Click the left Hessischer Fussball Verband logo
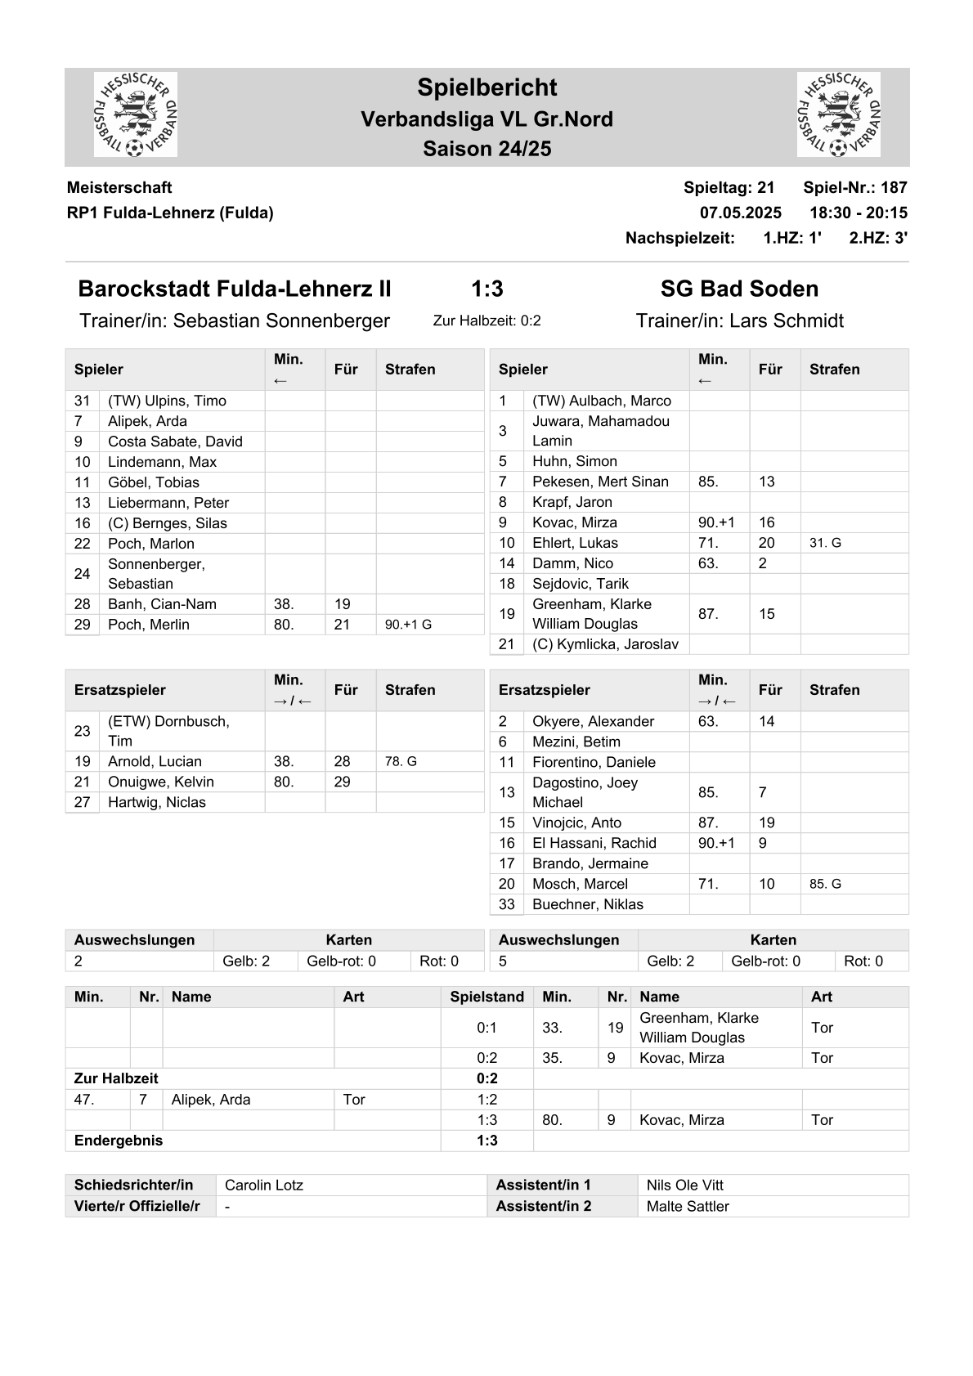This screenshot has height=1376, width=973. [136, 114]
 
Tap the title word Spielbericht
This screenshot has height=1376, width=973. [486, 87]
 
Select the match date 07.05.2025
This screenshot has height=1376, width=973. [740, 213]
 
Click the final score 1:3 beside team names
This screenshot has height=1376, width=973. [486, 289]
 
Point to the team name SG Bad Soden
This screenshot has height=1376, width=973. [739, 289]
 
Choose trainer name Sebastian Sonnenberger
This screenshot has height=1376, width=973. [281, 320]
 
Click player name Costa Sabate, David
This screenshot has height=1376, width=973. [175, 441]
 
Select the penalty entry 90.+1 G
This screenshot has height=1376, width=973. [408, 625]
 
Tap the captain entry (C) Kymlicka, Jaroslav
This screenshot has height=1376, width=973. [605, 644]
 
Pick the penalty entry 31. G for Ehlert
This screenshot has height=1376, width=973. [825, 543]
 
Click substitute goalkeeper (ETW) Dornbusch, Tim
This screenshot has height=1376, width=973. [168, 731]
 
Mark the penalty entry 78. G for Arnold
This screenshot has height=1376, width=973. [401, 761]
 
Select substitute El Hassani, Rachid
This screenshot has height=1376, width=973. [594, 843]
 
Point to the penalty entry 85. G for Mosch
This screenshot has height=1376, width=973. [825, 884]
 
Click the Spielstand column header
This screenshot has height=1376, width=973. [486, 997]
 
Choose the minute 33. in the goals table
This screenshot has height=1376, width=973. [552, 1028]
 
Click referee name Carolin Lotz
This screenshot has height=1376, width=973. [263, 1186]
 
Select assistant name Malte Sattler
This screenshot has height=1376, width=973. [687, 1206]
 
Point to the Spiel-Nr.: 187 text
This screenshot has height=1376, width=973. [854, 187]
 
